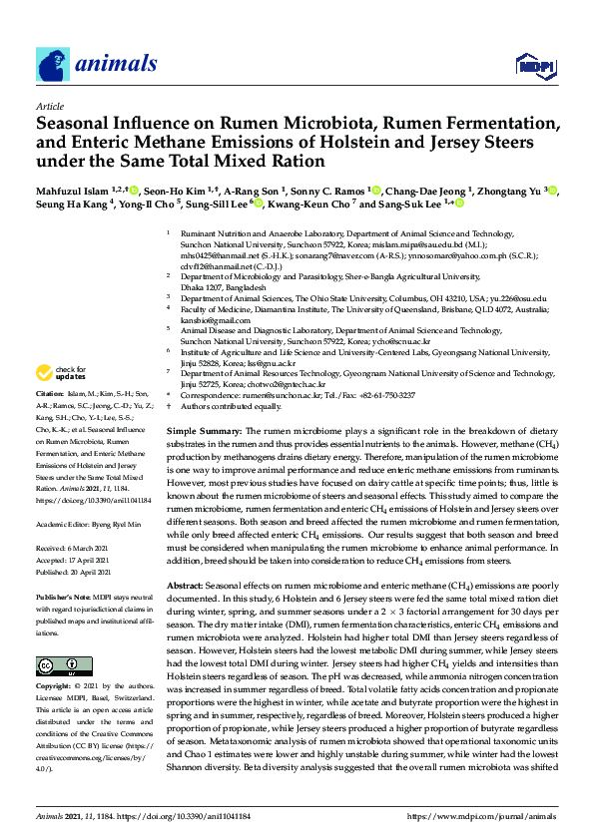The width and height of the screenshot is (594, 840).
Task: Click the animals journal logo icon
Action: coord(53,65)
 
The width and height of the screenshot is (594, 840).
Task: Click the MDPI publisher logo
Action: coord(536,66)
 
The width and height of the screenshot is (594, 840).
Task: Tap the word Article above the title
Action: coord(49,105)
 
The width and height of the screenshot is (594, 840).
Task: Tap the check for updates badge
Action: coord(63,374)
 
